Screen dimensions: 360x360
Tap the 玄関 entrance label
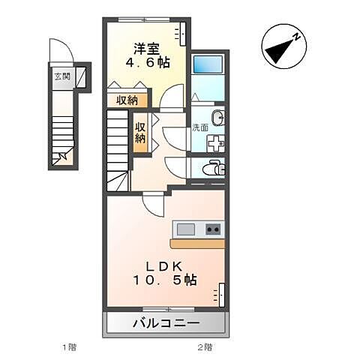click(61, 76)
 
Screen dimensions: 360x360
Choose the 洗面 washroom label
click(199, 127)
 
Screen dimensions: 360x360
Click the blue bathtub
click(208, 64)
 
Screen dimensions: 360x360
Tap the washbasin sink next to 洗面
click(216, 118)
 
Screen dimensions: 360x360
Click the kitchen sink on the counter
click(184, 229)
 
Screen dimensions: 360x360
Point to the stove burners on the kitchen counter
click(213, 229)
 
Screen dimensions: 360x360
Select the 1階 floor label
click(68, 347)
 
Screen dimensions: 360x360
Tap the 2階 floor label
click(204, 347)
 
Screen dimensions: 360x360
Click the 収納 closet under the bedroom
click(126, 100)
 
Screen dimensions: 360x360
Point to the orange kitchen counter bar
click(198, 244)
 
